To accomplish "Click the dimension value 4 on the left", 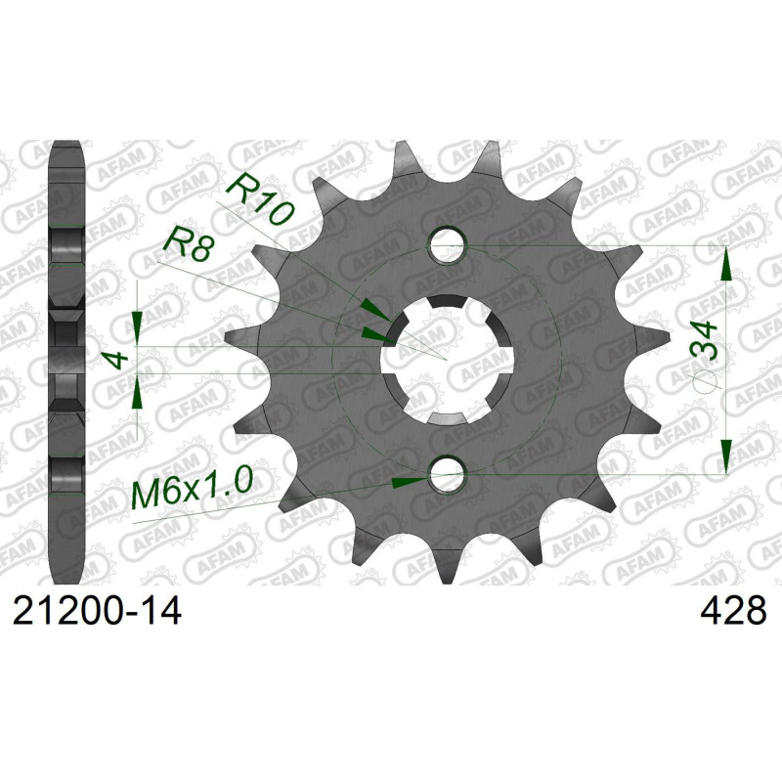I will pyautogui.click(x=118, y=359).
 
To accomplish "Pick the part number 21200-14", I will pyautogui.click(x=97, y=613).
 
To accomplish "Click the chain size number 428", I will pyautogui.click(x=732, y=613).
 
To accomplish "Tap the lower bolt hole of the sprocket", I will pyautogui.click(x=449, y=476).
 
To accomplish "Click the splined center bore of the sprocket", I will pyautogui.click(x=449, y=359).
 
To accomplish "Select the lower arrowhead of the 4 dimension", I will pyautogui.click(x=137, y=393).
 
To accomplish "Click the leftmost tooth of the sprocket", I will pyautogui.click(x=235, y=337).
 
